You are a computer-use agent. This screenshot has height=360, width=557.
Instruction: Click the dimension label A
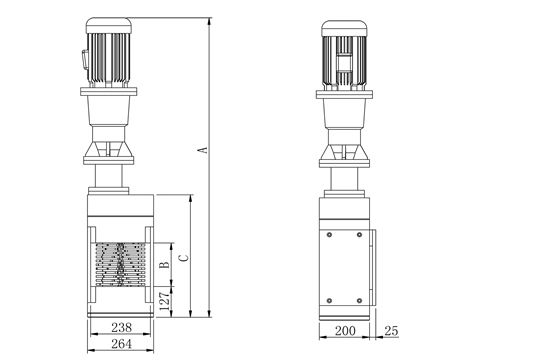tap(202, 150)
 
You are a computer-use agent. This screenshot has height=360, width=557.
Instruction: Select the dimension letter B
tap(164, 265)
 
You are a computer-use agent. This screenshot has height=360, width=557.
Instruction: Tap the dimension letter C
tap(183, 258)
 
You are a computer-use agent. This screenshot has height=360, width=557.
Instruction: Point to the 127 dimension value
tap(164, 301)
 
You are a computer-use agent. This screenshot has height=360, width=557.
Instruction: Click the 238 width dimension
tap(121, 327)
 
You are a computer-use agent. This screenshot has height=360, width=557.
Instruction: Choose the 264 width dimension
tap(121, 344)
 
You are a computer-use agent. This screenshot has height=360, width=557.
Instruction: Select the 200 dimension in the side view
tap(345, 331)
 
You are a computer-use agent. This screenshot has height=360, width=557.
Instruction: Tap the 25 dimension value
tap(391, 331)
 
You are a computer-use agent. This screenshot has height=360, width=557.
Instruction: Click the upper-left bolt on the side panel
tap(329, 235)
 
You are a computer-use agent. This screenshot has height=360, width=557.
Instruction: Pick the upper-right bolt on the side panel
tap(359, 235)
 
